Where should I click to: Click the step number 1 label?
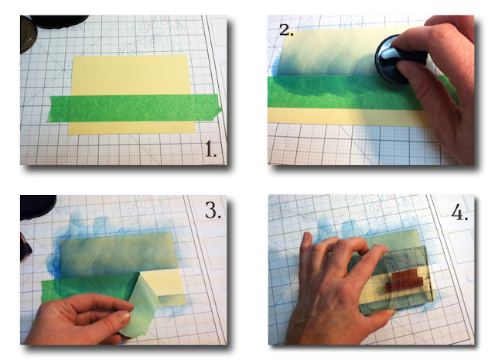(x=210, y=149)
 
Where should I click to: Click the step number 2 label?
(x=286, y=30)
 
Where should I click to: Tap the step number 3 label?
(x=213, y=210)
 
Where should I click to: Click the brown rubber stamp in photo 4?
(x=405, y=279)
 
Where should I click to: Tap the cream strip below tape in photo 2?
(x=349, y=117)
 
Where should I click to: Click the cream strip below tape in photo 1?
(x=131, y=128)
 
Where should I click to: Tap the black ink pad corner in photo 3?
(x=37, y=207)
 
